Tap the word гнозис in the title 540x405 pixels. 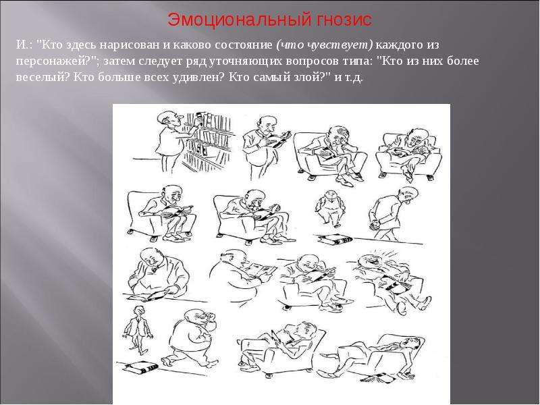tap(343, 20)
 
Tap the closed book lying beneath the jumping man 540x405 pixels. tap(334, 240)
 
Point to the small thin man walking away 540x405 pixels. tap(138, 329)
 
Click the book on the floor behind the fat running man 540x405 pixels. tap(140, 367)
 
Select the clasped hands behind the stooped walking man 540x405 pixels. tap(375, 225)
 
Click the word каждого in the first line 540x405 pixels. tap(401, 45)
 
